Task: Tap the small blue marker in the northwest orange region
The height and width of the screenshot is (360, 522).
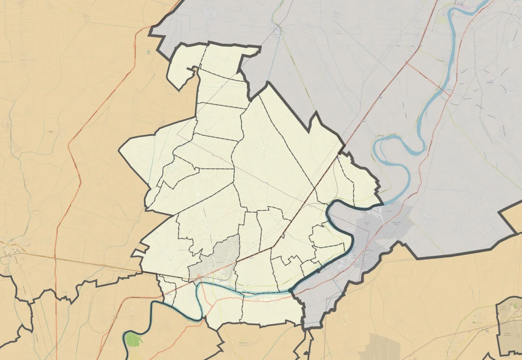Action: click(x=148, y=52)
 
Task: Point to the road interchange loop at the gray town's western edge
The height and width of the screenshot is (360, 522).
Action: click(x=199, y=277)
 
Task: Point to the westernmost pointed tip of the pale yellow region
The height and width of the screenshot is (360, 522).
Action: click(x=119, y=151)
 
